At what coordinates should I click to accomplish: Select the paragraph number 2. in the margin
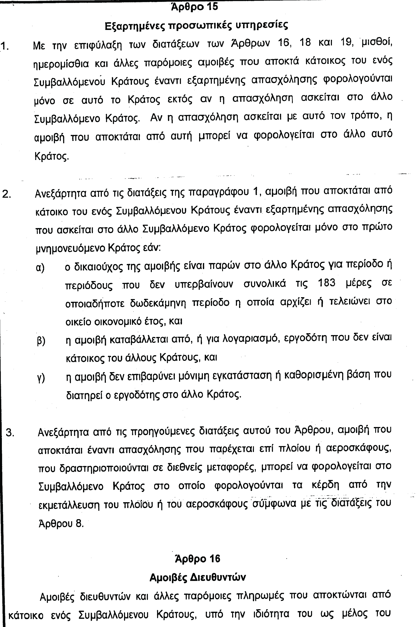pyautogui.click(x=7, y=194)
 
